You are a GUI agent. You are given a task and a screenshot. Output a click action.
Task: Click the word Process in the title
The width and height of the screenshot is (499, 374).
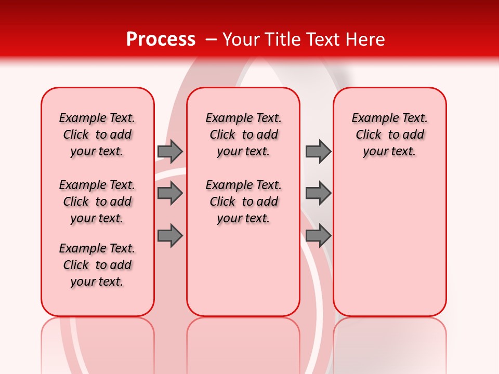[161, 39]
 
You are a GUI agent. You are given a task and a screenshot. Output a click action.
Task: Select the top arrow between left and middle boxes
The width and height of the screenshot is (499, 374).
[170, 151]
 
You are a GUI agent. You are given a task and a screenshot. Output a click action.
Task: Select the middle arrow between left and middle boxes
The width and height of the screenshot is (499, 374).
[170, 193]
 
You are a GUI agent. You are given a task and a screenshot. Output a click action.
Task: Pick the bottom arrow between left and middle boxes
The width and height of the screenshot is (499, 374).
[170, 236]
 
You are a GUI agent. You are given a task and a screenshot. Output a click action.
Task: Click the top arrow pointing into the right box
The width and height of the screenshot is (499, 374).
[318, 151]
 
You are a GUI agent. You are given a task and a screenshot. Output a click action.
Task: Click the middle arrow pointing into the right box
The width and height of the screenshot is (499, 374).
[318, 193]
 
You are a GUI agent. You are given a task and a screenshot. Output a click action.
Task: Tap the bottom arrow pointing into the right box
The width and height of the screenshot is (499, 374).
[318, 236]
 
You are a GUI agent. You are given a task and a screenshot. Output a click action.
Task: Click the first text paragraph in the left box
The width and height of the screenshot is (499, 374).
[97, 135]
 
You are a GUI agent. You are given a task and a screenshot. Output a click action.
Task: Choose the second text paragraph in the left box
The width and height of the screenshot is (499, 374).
[97, 202]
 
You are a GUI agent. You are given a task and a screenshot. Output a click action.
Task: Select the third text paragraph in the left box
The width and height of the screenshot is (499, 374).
[97, 265]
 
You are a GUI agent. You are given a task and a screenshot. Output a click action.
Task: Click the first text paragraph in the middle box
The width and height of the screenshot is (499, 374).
[243, 135]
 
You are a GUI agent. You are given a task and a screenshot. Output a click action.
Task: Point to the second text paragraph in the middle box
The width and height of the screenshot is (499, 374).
[243, 202]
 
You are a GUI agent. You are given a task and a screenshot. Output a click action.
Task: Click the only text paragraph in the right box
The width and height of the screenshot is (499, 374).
[389, 135]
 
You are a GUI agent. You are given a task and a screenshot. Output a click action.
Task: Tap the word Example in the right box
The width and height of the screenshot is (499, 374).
[371, 118]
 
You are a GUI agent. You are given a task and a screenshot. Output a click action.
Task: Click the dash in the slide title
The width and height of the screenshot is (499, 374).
[211, 39]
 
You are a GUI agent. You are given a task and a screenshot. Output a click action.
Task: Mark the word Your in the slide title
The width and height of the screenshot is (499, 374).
[241, 39]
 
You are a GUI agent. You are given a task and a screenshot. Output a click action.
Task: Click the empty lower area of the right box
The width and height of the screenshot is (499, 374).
[389, 249]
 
